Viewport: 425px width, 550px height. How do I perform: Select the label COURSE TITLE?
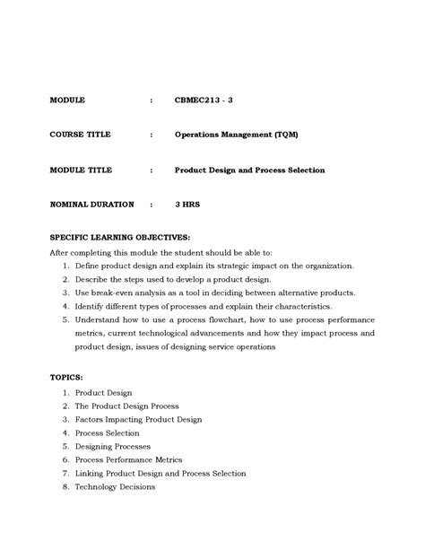pyautogui.click(x=81, y=135)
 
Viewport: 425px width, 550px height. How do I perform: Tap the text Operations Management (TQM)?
pyautogui.click(x=236, y=135)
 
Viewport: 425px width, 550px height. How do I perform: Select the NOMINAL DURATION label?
pyautogui.click(x=91, y=205)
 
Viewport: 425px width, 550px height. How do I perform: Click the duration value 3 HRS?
pyautogui.click(x=187, y=205)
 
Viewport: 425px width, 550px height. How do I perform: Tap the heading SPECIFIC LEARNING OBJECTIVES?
pyautogui.click(x=118, y=239)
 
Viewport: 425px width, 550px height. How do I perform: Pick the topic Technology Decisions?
pyautogui.click(x=115, y=487)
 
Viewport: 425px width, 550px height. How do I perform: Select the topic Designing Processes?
pyautogui.click(x=112, y=446)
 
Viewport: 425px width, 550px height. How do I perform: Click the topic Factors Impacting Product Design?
pyautogui.click(x=138, y=419)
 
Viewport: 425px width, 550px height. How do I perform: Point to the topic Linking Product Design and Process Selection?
pyautogui.click(x=160, y=473)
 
